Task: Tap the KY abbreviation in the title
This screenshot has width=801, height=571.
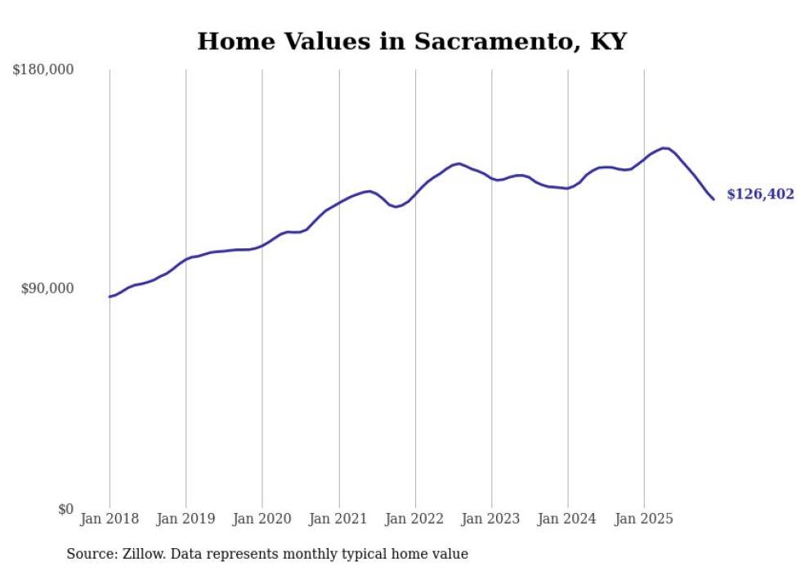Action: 606,41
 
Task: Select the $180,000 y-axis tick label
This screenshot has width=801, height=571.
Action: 43,70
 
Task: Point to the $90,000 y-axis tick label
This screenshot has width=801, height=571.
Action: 46,288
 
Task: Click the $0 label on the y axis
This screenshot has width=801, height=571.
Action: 65,509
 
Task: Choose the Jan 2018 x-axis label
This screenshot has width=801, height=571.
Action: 110,519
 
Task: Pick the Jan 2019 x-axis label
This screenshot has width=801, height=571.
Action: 186,519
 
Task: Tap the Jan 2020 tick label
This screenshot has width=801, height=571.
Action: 262,519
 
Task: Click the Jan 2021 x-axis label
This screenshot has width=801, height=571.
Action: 338,519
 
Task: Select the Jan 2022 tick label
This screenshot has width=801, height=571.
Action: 415,519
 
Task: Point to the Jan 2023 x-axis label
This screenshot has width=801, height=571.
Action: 491,519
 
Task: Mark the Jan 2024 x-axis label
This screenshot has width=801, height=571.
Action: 568,519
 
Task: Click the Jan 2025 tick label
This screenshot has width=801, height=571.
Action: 644,519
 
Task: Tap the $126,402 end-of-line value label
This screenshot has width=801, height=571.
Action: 760,194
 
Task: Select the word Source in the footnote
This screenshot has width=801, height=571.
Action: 90,554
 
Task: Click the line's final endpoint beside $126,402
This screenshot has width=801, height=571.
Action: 714,199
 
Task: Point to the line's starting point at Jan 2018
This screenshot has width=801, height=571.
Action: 110,297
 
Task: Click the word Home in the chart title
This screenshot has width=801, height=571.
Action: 233,41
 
